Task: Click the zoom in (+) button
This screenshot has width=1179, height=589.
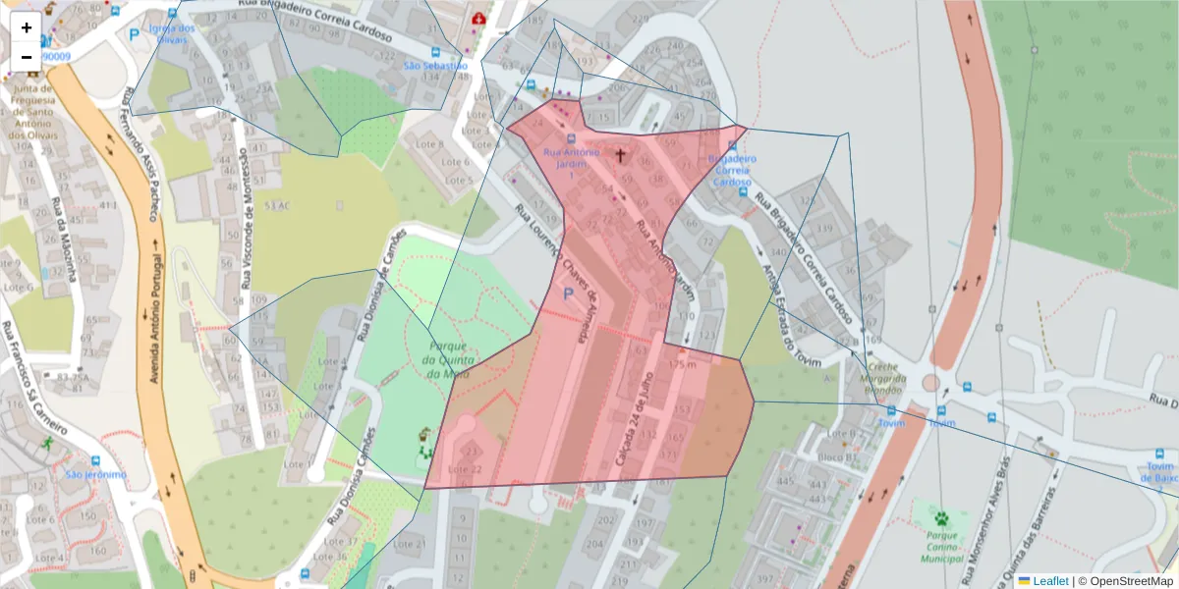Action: click(27, 27)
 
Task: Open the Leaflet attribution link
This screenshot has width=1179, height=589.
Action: click(1049, 581)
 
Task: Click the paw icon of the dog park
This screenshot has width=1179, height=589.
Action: click(941, 517)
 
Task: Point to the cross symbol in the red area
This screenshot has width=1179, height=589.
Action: click(620, 154)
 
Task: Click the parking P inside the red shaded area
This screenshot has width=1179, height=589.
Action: click(568, 293)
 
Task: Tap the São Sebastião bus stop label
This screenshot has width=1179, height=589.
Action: click(435, 65)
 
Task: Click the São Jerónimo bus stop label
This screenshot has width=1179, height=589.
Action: click(96, 475)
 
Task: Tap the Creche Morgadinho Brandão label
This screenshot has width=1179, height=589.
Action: click(881, 383)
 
